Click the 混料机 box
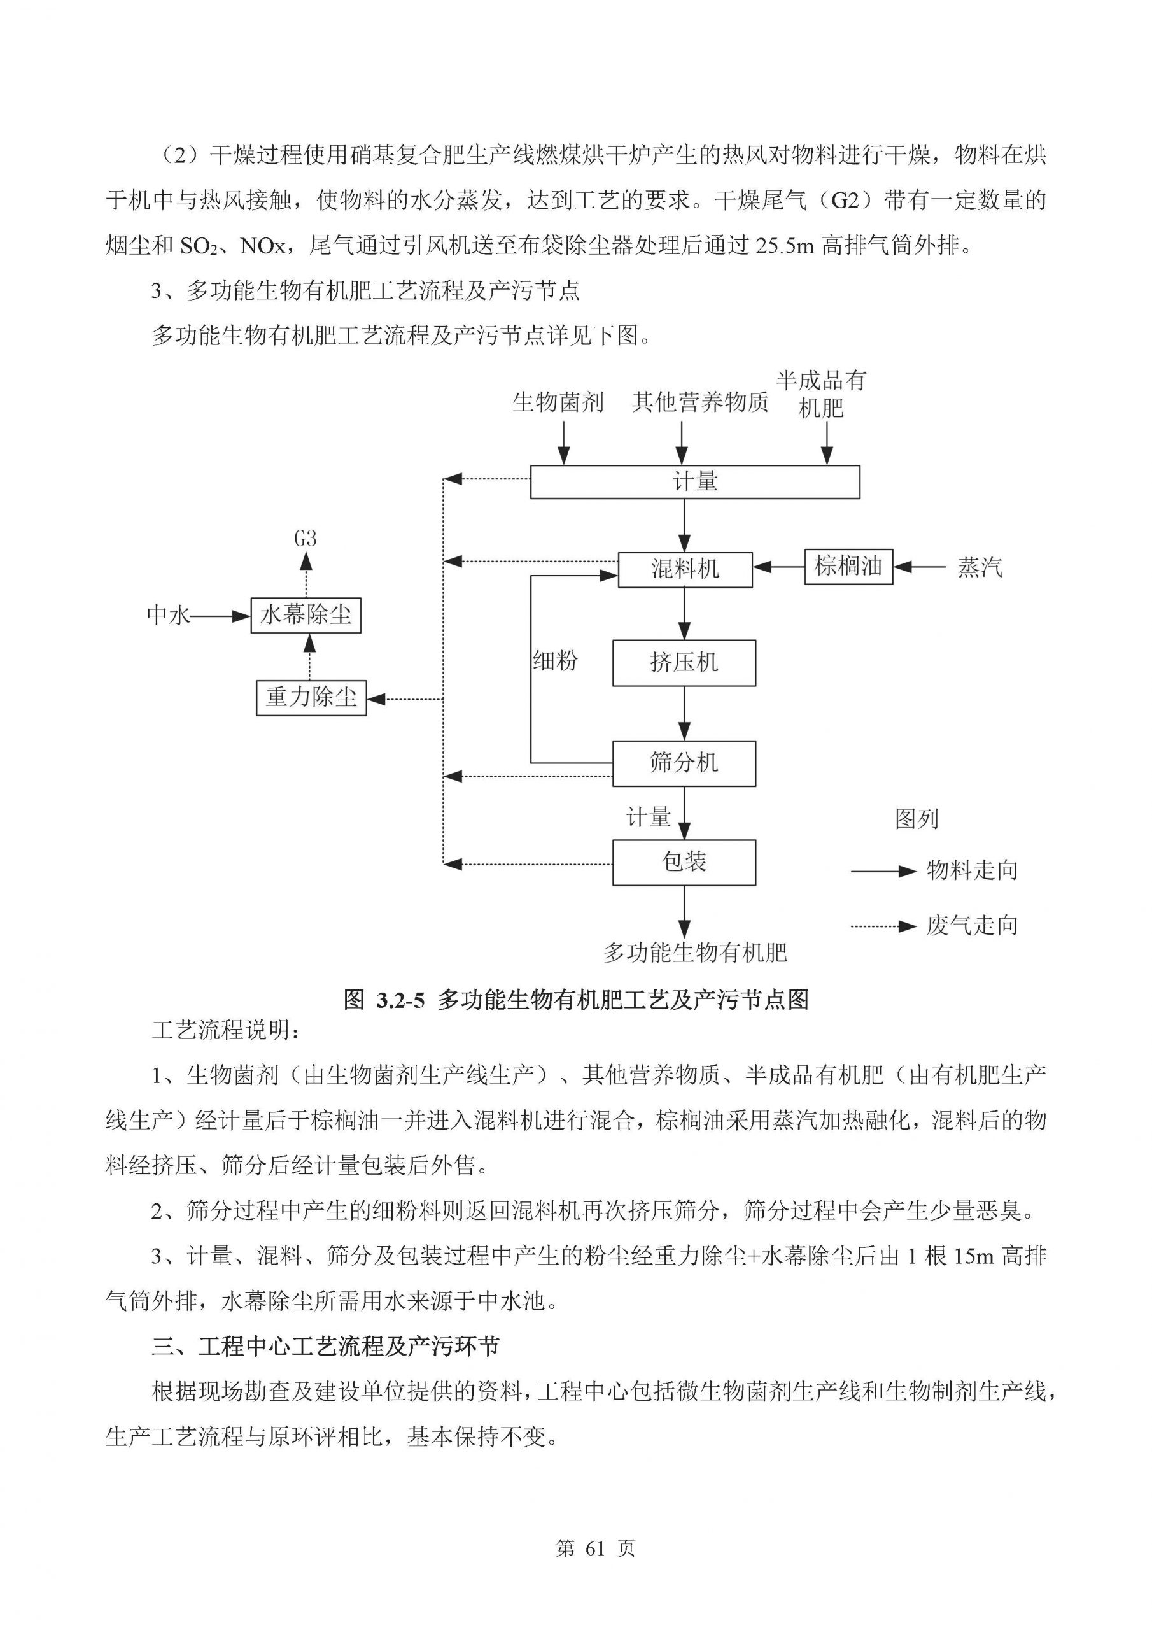tap(685, 569)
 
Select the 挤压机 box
tap(684, 663)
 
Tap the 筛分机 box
tap(684, 763)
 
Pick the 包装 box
tap(684, 863)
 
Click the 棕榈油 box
tap(848, 567)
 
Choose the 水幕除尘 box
tap(306, 615)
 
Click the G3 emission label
tap(306, 539)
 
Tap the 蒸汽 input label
tap(980, 567)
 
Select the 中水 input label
tap(168, 616)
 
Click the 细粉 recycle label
tap(555, 662)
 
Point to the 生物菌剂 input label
tap(558, 402)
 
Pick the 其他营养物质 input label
tap(700, 402)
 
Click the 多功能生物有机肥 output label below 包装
tap(695, 953)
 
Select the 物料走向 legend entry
tap(972, 870)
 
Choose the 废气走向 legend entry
tap(972, 926)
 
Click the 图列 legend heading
tap(917, 819)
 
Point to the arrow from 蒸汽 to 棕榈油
tap(920, 567)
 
